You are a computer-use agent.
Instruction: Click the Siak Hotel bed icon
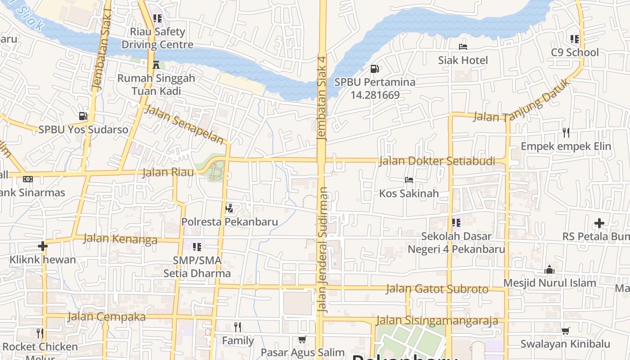pos(463,46)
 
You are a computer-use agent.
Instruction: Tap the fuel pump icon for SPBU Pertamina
pos(374,69)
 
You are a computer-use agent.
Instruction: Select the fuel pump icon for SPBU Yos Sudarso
pos(83,116)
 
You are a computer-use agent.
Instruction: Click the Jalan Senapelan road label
pos(184,124)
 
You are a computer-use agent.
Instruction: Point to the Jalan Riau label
pos(168,172)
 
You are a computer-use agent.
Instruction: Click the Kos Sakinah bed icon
pos(409,180)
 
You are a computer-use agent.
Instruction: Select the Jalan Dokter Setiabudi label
pos(436,161)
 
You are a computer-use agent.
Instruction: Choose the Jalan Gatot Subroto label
pos(436,288)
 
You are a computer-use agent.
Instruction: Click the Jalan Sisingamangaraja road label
pos(436,320)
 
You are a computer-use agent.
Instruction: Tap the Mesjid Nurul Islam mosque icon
pos(549,270)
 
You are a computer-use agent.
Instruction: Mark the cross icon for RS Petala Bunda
pos(599,223)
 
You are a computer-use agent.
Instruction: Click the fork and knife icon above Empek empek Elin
pos(566,132)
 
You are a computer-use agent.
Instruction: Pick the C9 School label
pos(575,52)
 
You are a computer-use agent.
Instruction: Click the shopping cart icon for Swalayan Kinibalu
pos(565,331)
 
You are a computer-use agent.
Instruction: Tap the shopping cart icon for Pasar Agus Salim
pos(302,339)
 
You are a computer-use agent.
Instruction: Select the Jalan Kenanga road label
pos(120,238)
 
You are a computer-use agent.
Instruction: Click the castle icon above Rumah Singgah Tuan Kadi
pos(156,65)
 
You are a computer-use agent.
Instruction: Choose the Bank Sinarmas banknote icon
pos(28,179)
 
